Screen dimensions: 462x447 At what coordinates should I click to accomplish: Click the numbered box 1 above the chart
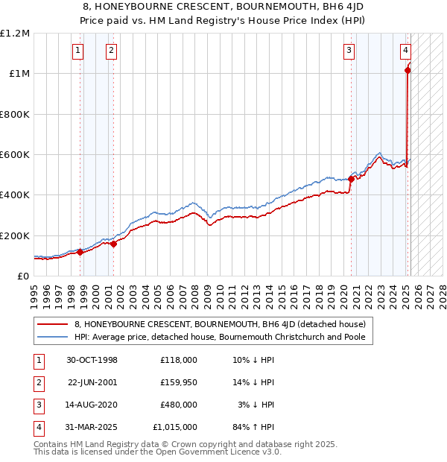(78, 51)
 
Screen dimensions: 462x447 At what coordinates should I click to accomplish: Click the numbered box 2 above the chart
(110, 51)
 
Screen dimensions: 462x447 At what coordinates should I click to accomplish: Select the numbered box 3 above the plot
(349, 51)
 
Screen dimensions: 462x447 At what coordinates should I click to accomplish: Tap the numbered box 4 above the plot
(405, 51)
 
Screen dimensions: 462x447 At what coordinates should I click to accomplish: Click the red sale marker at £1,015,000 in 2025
(408, 71)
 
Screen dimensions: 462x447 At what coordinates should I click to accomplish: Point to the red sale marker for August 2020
(351, 179)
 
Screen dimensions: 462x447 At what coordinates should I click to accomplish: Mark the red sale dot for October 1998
(80, 252)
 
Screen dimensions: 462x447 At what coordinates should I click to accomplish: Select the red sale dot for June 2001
(113, 244)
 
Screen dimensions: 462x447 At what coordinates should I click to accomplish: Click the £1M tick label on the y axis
(17, 74)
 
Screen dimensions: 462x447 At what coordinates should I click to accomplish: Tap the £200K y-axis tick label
(14, 235)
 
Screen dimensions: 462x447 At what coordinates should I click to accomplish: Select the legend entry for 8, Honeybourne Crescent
(220, 325)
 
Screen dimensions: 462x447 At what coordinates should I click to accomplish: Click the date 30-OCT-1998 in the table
(92, 360)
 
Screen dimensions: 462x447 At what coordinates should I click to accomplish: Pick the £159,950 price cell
(178, 382)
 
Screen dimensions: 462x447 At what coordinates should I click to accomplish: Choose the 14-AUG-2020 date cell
(92, 405)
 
